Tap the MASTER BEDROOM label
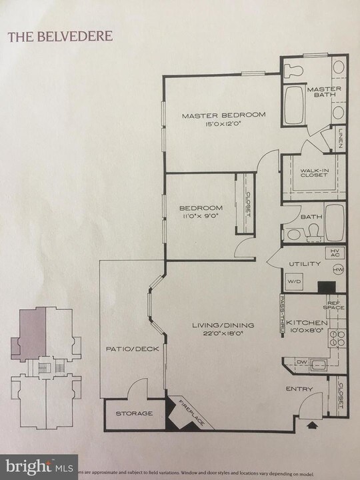(x=224, y=115)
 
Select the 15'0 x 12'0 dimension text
(x=224, y=124)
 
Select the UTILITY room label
(x=305, y=264)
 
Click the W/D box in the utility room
(x=293, y=281)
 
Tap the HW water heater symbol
(x=338, y=270)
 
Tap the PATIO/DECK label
(x=124, y=349)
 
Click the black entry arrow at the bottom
(x=312, y=422)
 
